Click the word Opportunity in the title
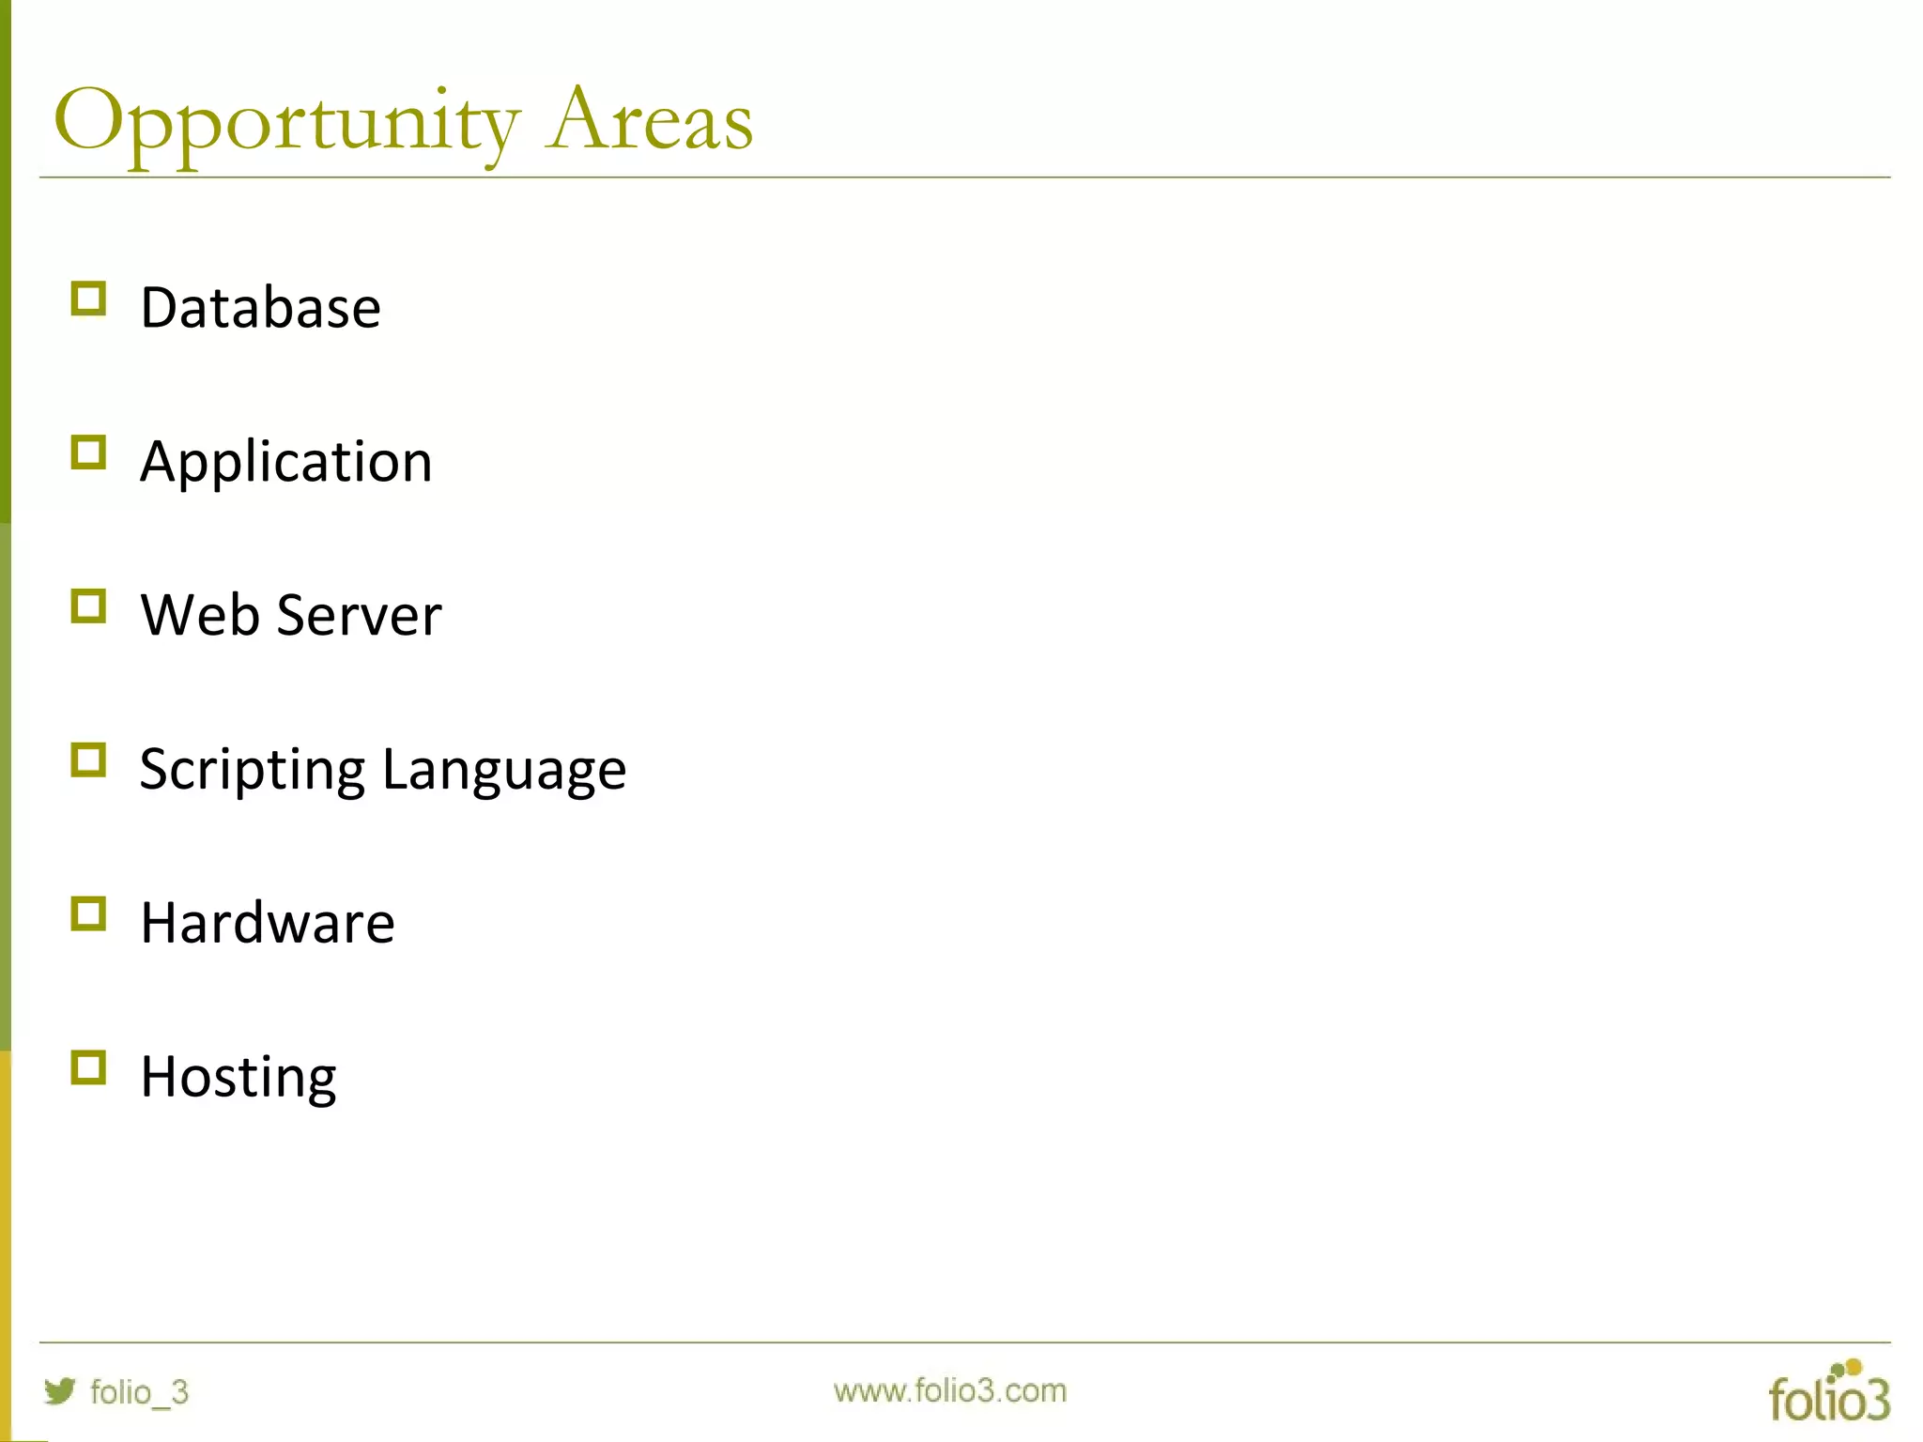(x=286, y=122)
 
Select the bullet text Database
(x=260, y=308)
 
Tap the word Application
(x=286, y=462)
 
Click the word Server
(x=359, y=616)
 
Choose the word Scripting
(x=252, y=770)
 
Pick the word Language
(x=504, y=770)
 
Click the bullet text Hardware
(x=268, y=923)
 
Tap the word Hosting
(x=238, y=1077)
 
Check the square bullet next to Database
(x=88, y=299)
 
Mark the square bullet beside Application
(x=88, y=453)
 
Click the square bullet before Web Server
(x=88, y=606)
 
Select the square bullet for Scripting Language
(x=88, y=759)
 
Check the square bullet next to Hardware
(x=88, y=913)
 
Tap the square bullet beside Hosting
(x=88, y=1067)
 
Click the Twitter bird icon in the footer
(x=59, y=1390)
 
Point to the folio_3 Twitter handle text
(x=139, y=1392)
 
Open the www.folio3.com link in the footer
(x=949, y=1390)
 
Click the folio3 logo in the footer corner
(x=1828, y=1392)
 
